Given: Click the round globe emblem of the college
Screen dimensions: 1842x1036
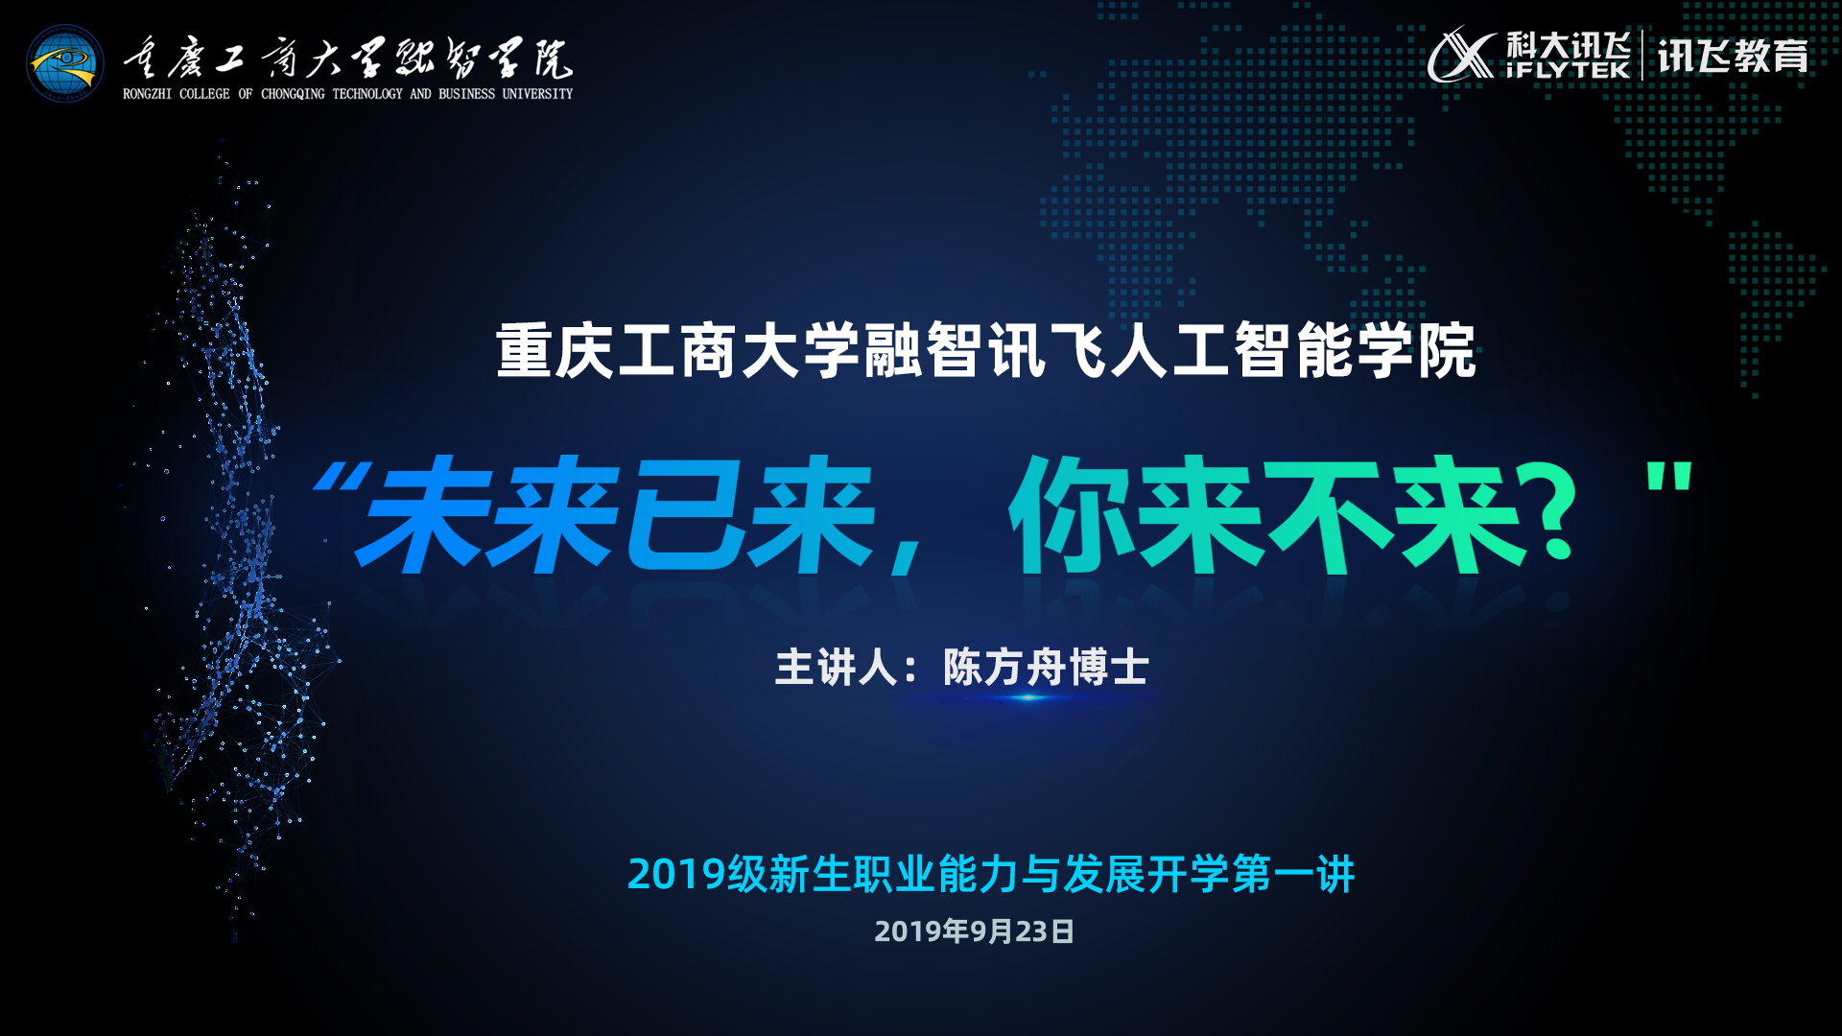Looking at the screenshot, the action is point(65,62).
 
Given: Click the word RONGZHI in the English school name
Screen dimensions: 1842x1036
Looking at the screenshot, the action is point(148,94).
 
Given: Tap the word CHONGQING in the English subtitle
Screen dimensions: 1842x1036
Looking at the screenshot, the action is point(293,94).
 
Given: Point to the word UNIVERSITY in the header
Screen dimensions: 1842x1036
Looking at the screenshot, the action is point(537,94).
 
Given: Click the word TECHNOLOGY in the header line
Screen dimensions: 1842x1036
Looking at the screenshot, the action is point(367,94).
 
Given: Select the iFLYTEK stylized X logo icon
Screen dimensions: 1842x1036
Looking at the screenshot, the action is point(1461,55).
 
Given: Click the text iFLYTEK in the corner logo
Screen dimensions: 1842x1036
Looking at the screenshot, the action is point(1568,70).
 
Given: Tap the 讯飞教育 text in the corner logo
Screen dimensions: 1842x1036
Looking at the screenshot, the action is point(1733,56).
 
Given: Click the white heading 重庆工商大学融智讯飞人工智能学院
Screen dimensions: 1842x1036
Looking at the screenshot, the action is point(986,351).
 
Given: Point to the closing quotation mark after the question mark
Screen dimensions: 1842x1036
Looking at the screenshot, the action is point(1669,477).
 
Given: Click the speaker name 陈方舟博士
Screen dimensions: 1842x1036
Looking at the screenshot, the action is point(1046,667).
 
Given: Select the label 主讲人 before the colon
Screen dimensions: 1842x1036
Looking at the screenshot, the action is point(836,667).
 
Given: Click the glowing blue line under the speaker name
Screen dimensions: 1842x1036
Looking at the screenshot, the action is point(1028,697).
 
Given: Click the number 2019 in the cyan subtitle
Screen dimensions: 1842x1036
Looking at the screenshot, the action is point(676,875).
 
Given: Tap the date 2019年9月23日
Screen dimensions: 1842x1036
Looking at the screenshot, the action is point(974,931).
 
